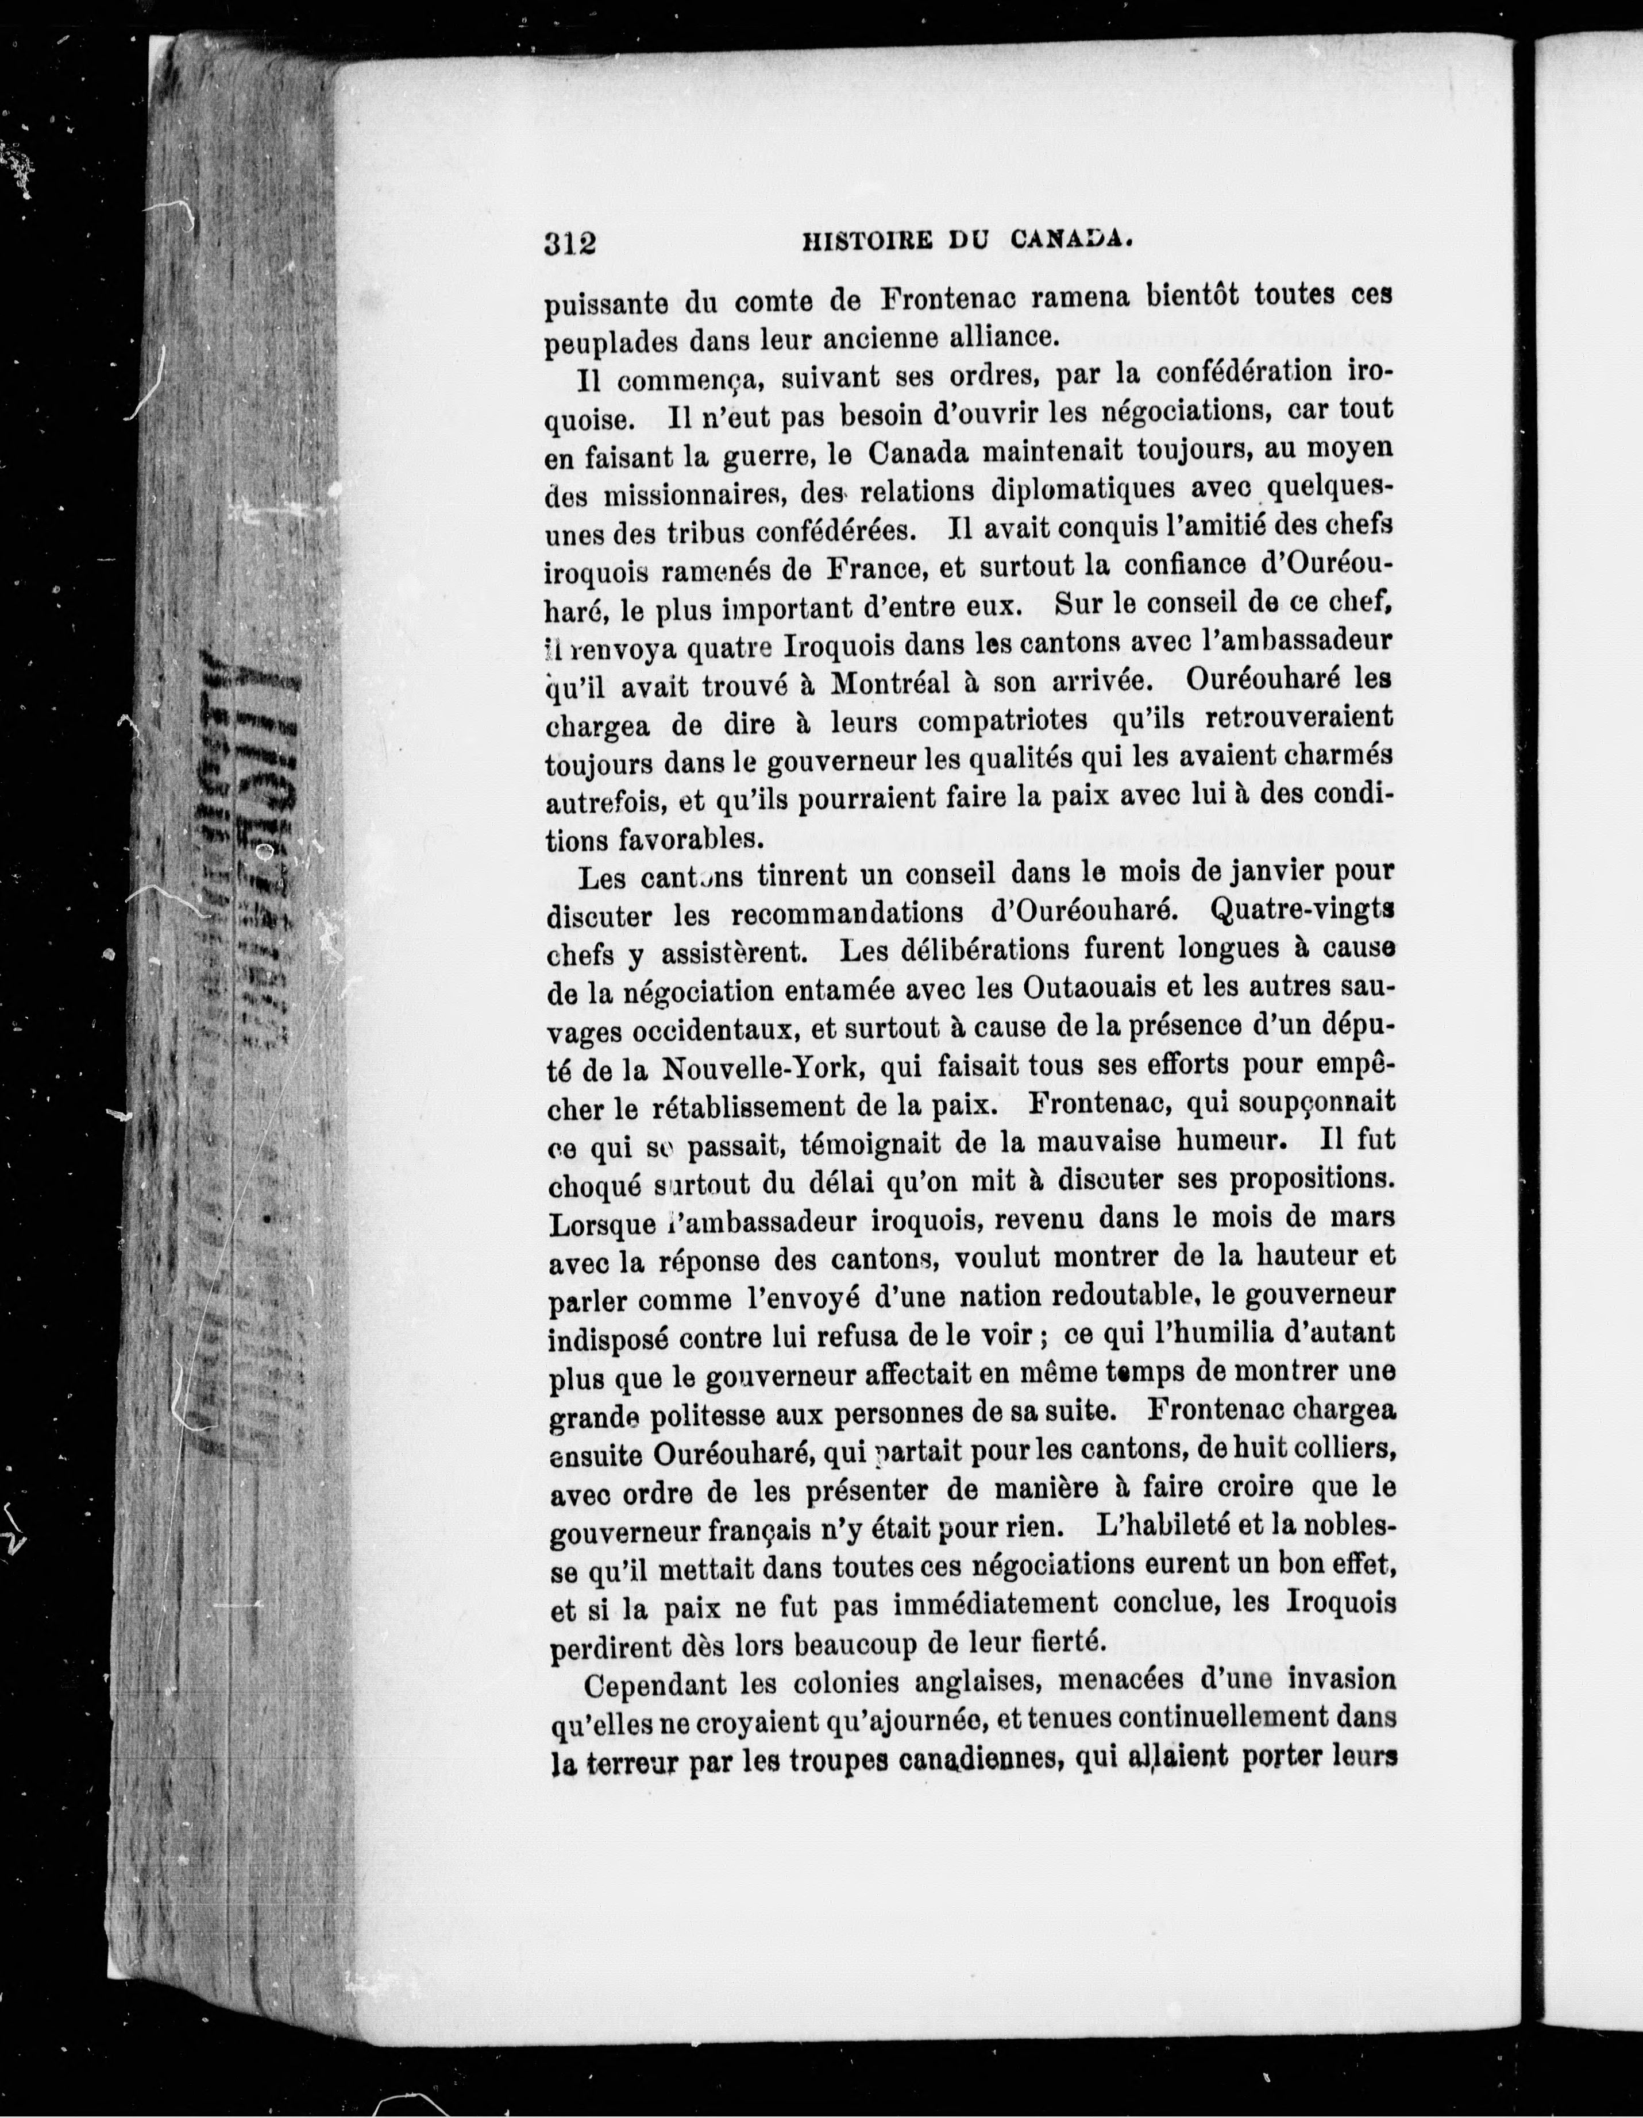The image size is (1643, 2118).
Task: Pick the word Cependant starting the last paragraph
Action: click(x=653, y=1683)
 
